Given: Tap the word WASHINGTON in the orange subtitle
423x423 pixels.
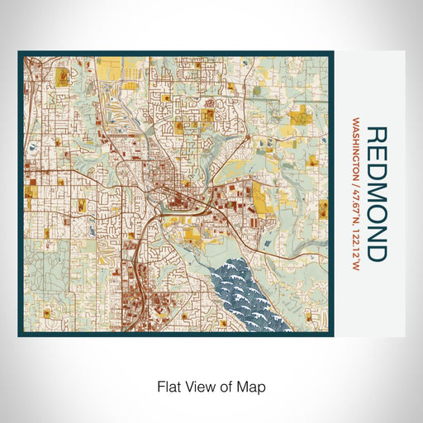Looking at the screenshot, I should [x=355, y=156].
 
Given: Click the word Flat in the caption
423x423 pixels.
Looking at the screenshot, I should [x=169, y=386].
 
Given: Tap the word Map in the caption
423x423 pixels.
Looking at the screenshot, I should [x=254, y=386].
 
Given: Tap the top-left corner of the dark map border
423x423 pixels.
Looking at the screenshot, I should [x=20, y=53].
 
